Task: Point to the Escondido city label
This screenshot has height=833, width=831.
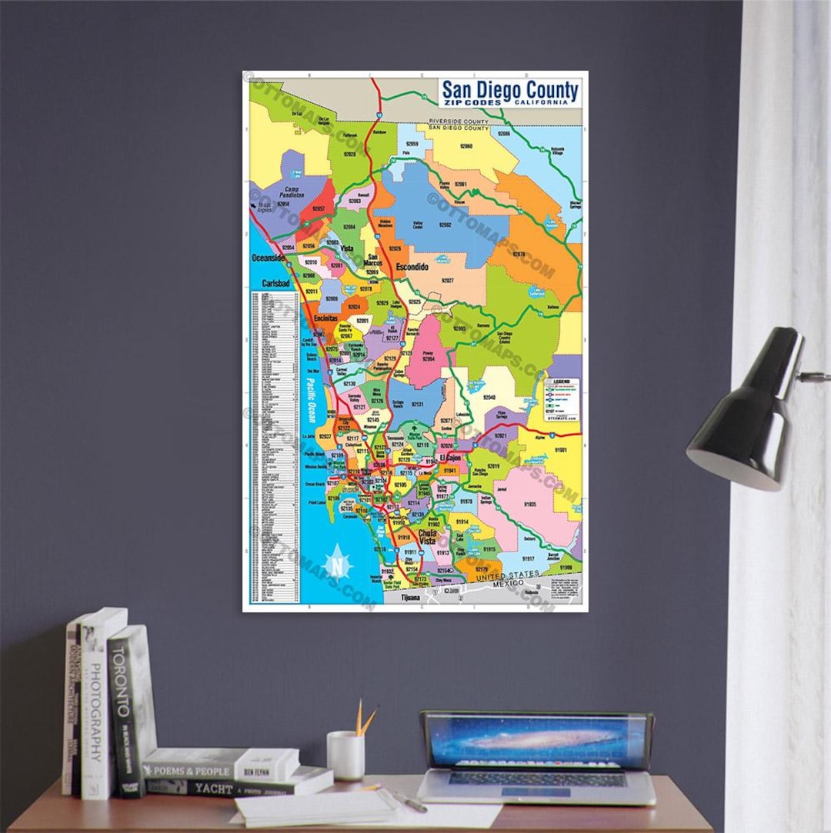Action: (412, 267)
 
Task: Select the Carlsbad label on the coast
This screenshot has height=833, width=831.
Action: (275, 283)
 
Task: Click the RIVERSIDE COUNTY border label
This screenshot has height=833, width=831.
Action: (459, 122)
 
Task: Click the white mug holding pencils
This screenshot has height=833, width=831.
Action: (345, 755)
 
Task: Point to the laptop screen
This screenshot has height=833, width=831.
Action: (536, 740)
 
